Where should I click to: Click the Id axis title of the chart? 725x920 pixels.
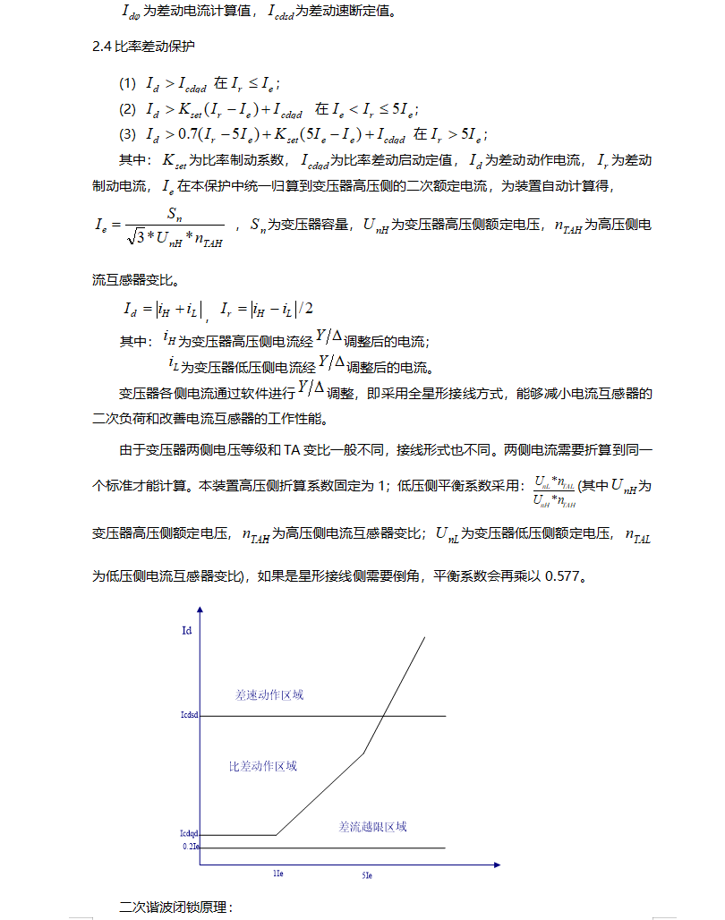(186, 630)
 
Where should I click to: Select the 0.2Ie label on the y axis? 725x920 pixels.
(191, 846)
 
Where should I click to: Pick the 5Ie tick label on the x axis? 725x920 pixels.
(367, 873)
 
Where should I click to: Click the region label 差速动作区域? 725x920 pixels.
(269, 694)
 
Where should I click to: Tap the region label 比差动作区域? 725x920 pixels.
(262, 766)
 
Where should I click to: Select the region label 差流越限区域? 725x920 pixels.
(372, 826)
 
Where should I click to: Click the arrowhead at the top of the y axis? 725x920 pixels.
(200, 609)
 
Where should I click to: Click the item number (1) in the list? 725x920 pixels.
(128, 84)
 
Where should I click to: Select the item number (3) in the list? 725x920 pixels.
(128, 135)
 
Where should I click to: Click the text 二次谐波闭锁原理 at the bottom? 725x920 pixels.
(175, 907)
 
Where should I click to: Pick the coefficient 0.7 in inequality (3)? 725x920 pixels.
(186, 135)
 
